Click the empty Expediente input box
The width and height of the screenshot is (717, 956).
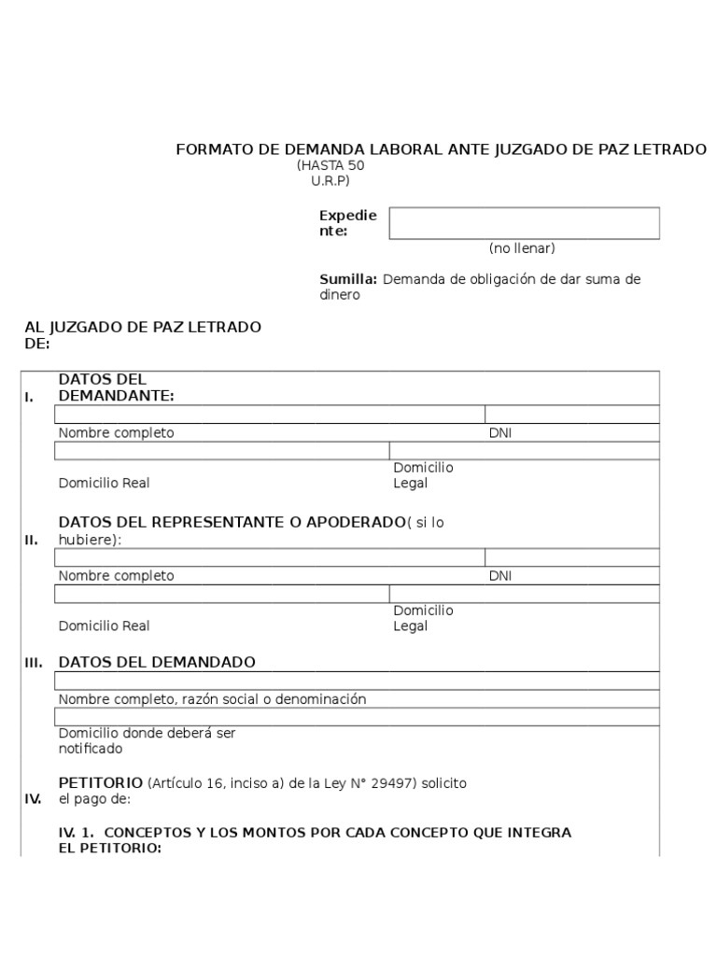(x=524, y=223)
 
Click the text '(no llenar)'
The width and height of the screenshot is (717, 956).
(x=522, y=248)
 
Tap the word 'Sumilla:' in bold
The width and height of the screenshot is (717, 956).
(x=348, y=279)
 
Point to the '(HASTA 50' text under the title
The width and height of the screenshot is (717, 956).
(x=330, y=165)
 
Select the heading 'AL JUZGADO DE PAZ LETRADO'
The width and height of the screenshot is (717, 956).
(x=143, y=327)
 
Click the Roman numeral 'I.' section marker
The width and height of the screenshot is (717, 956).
(x=30, y=397)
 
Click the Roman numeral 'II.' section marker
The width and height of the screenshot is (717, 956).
(x=31, y=540)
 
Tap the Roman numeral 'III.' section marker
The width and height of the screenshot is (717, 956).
(x=34, y=662)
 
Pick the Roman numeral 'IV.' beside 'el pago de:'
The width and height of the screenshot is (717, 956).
(x=33, y=799)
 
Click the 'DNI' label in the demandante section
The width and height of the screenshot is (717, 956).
(x=500, y=433)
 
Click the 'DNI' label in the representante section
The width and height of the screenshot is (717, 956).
(x=500, y=576)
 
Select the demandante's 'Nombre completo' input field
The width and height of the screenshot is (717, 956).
(x=269, y=415)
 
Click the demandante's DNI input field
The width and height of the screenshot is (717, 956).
(x=572, y=415)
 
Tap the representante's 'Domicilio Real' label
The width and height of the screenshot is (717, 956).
(x=104, y=626)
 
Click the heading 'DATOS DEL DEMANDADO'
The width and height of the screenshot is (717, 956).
(x=157, y=662)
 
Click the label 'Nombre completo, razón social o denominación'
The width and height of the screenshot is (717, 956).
(x=212, y=699)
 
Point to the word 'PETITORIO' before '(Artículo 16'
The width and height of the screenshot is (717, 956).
(x=101, y=781)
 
